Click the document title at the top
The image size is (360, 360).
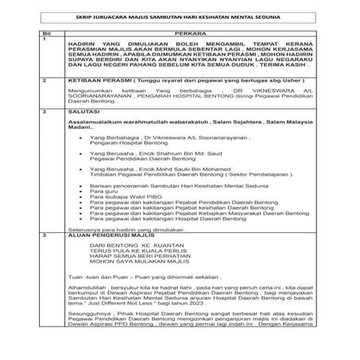(180, 16)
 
